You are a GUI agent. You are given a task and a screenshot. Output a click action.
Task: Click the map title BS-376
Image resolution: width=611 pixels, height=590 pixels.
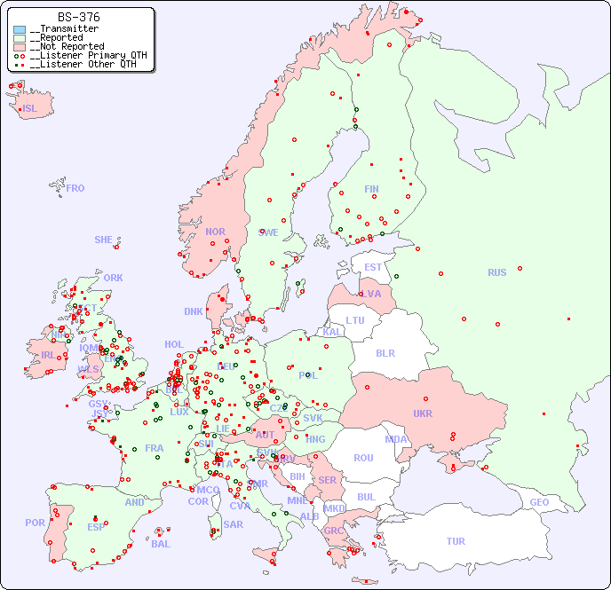(x=78, y=17)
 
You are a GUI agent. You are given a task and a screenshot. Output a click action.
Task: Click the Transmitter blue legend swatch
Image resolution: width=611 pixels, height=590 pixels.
(x=20, y=29)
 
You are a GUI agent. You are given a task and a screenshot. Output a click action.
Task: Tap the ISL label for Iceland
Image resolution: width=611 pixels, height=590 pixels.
(x=30, y=109)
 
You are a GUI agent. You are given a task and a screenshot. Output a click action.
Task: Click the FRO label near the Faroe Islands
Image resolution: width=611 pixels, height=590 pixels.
(x=75, y=188)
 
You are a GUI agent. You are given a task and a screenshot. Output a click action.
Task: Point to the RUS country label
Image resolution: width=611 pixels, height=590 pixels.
(x=496, y=272)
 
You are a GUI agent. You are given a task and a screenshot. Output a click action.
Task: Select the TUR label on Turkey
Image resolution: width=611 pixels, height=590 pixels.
(x=456, y=541)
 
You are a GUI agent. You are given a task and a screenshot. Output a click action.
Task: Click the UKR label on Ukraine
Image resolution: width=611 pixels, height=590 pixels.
(x=422, y=413)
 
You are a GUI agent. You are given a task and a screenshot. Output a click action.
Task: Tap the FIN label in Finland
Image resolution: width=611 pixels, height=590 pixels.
(x=371, y=189)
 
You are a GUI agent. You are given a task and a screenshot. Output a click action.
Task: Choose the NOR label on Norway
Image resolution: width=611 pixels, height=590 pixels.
(x=215, y=232)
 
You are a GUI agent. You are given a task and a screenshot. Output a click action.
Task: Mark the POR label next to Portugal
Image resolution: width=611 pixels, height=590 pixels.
(x=35, y=523)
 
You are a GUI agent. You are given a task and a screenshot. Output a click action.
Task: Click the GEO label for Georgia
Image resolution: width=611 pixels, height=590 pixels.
(x=539, y=502)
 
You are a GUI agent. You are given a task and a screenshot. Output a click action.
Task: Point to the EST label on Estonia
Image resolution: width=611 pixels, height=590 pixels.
(x=373, y=267)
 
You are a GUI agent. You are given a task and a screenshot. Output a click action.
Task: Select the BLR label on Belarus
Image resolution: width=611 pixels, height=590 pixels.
(x=385, y=352)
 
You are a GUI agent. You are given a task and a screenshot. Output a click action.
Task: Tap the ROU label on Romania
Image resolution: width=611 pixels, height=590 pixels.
(x=363, y=458)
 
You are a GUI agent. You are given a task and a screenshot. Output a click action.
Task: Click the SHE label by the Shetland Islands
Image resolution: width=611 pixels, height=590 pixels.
(x=104, y=240)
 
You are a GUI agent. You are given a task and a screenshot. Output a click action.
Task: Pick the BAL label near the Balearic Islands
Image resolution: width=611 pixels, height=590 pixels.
(x=160, y=544)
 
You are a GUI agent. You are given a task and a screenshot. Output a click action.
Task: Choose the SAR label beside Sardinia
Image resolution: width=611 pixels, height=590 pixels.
(x=233, y=523)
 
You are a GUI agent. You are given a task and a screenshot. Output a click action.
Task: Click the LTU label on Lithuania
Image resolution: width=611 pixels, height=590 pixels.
(x=355, y=320)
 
